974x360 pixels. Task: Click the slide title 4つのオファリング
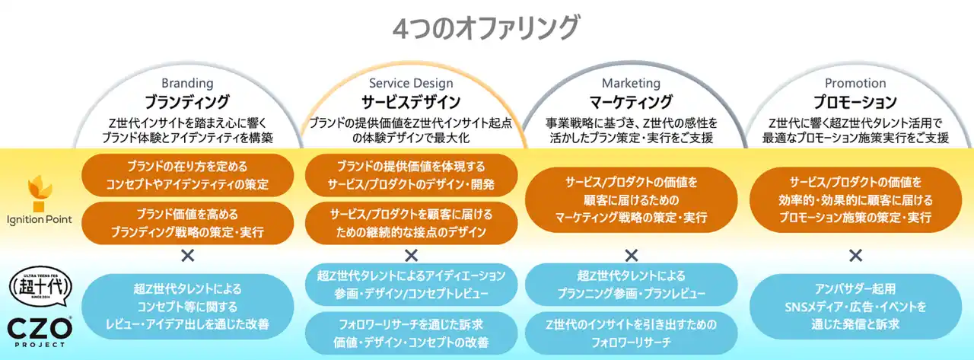(485, 27)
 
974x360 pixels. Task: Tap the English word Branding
(187, 83)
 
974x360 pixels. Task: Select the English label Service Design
(411, 83)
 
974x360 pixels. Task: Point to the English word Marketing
(631, 83)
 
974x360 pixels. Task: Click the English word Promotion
(855, 83)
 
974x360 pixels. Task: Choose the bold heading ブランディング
(187, 102)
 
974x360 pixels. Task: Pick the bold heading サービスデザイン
(411, 102)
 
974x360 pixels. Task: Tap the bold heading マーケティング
(631, 102)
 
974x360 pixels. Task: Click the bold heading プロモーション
(855, 102)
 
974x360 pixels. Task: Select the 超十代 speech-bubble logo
(40, 286)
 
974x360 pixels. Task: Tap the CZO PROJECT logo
(40, 332)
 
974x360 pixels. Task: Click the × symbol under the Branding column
(188, 255)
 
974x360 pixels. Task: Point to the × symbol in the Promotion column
(855, 255)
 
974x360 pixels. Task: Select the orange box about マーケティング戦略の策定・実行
(631, 199)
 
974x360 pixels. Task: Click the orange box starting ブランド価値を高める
(187, 223)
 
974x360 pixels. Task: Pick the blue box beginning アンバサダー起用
(855, 307)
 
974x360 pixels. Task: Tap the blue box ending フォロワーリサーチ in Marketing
(631, 333)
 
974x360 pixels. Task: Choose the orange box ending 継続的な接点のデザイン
(411, 223)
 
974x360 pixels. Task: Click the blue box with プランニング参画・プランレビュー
(631, 285)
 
